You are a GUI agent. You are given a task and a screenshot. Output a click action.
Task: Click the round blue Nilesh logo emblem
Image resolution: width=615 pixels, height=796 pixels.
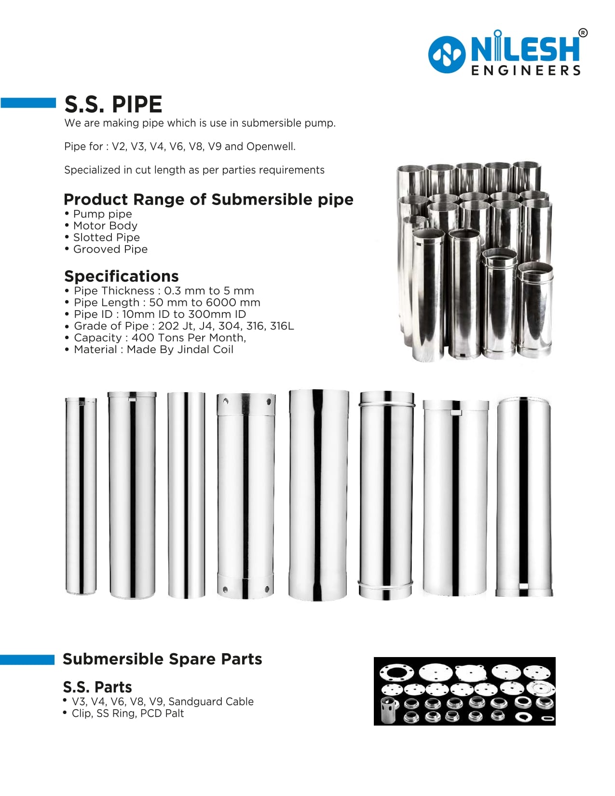click(447, 55)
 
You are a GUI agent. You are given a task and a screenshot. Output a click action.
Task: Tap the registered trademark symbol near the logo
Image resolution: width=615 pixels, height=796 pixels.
click(583, 33)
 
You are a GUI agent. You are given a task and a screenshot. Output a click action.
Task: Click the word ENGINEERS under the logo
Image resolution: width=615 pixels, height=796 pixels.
click(526, 71)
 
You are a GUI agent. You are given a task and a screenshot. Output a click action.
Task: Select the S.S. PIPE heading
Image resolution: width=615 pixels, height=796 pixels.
click(113, 104)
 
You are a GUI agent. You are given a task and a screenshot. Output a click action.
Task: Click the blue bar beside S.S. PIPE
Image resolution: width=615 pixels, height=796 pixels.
click(28, 103)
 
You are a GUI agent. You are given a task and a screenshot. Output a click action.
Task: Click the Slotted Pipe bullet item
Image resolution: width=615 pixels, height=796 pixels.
click(106, 237)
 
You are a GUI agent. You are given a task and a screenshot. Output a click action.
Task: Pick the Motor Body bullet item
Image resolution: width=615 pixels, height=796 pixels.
click(105, 226)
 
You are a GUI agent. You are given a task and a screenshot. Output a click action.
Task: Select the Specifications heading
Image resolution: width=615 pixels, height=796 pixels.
click(122, 276)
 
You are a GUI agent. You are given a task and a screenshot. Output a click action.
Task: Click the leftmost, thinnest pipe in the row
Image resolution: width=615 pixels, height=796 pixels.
click(81, 496)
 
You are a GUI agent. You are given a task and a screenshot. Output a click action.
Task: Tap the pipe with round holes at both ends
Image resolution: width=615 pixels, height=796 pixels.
click(246, 496)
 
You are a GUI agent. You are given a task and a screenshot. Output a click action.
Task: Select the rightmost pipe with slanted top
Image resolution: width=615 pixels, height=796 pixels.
click(524, 497)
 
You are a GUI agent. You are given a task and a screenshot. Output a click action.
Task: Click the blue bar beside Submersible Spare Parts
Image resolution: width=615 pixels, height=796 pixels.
click(27, 659)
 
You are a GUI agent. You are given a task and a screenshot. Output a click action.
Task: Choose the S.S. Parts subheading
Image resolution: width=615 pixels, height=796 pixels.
click(97, 687)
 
